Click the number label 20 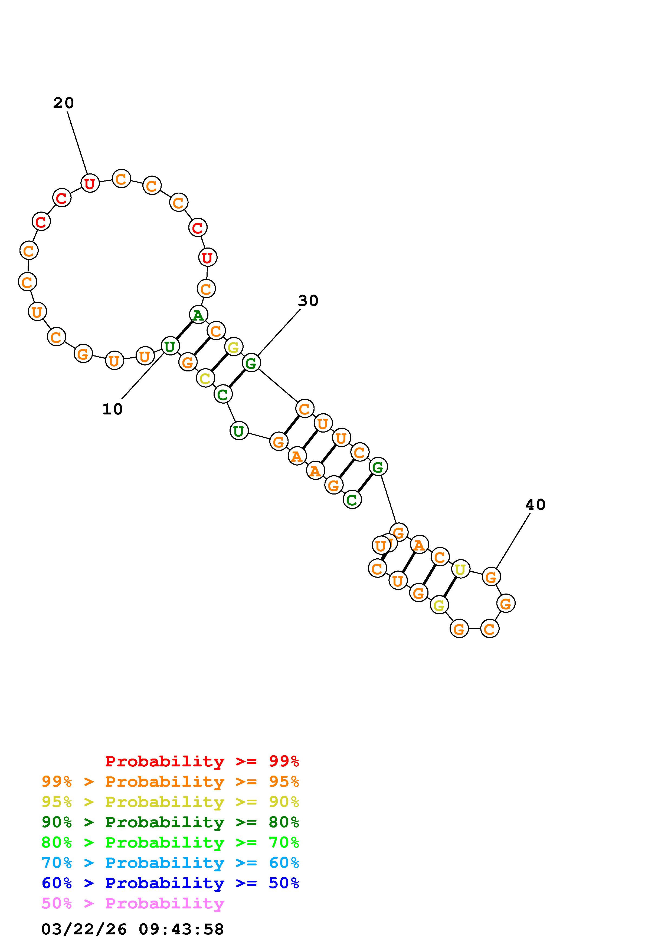[63, 103]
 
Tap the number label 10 [112, 409]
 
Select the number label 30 [308, 301]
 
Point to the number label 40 [535, 505]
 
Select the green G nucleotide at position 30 [251, 363]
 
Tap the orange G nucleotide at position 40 [491, 576]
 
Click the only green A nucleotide [198, 315]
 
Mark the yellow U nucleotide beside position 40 [460, 569]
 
